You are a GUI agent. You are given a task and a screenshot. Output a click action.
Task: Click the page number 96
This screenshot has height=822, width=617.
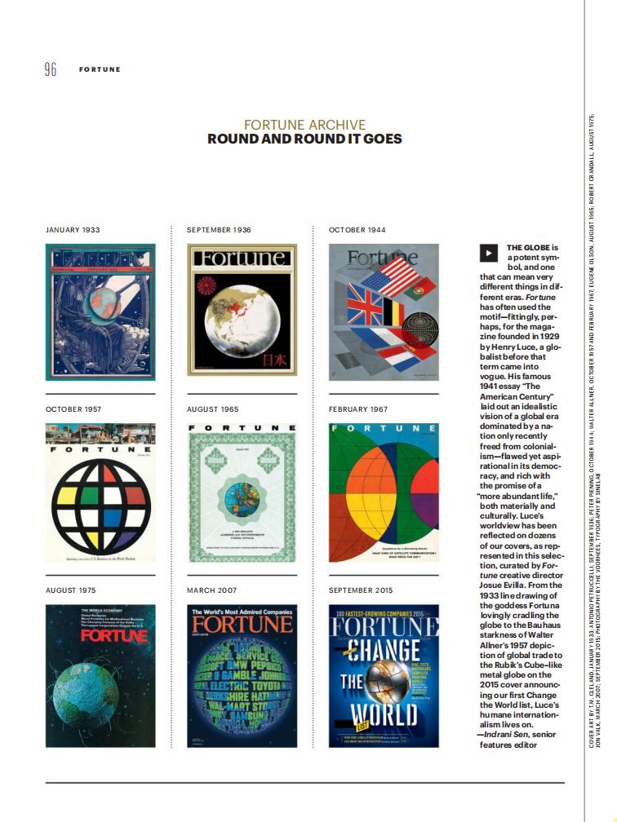pos(51,69)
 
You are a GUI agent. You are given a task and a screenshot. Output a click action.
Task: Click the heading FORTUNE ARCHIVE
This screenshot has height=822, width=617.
pos(304,125)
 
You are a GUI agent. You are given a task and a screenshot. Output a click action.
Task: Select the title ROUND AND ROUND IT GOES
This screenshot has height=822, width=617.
pos(304,139)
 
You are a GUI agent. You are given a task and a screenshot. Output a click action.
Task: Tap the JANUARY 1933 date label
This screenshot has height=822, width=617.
pos(73,230)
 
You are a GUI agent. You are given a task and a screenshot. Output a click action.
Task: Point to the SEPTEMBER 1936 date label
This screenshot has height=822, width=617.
pos(219,230)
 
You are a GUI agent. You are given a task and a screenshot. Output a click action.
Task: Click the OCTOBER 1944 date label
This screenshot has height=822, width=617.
pos(357,230)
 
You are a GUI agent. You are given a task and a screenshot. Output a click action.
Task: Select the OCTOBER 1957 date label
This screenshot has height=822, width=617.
pos(73,409)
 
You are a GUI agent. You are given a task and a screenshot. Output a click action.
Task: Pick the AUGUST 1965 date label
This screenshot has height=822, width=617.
pos(212,409)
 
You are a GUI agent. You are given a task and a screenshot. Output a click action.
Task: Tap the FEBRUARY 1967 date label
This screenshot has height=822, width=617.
pos(359,409)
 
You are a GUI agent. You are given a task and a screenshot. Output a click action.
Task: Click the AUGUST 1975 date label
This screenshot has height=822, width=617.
pos(70,590)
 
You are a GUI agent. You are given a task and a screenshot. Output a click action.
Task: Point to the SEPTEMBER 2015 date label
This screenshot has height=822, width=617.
pos(361,590)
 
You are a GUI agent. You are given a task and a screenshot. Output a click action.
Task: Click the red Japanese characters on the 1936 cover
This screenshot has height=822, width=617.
pos(275,361)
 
